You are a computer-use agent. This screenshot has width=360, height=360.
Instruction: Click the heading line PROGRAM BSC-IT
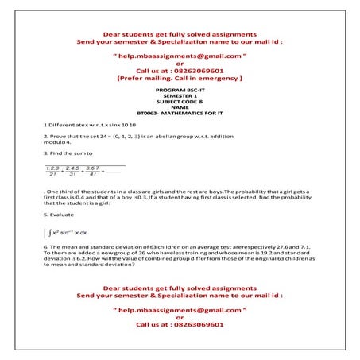coord(180,92)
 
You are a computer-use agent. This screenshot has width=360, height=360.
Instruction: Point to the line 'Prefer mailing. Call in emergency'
coord(180,79)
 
